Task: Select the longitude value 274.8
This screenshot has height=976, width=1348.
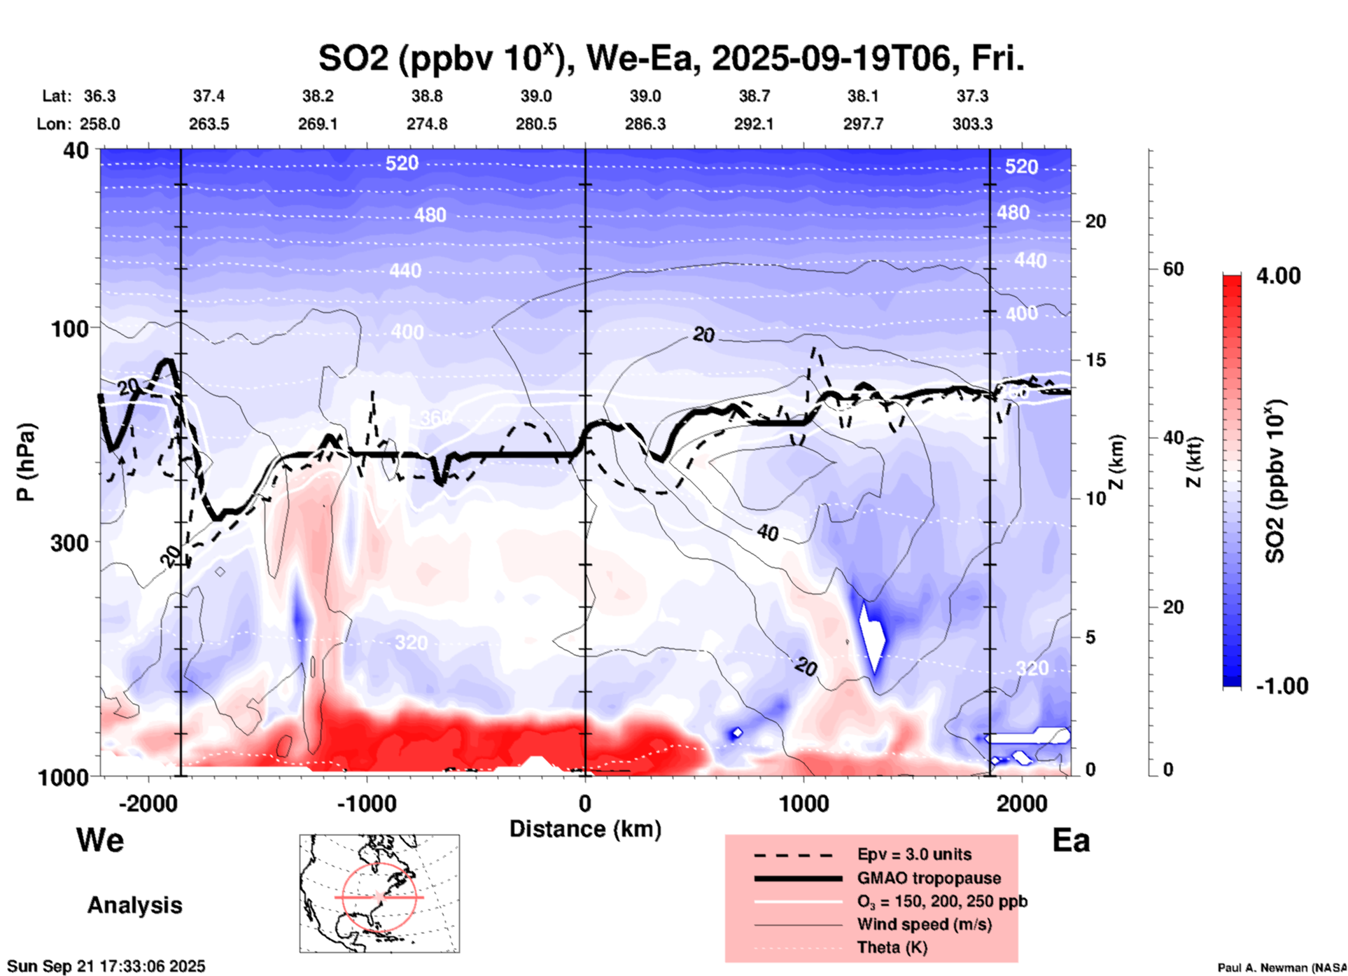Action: pyautogui.click(x=427, y=124)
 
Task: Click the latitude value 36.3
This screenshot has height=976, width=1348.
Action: pyautogui.click(x=100, y=96)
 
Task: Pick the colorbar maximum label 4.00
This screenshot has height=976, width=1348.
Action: pyautogui.click(x=1278, y=275)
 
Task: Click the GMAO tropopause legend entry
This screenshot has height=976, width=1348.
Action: pyautogui.click(x=929, y=878)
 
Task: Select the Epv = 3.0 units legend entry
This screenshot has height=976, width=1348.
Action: pyautogui.click(x=914, y=854)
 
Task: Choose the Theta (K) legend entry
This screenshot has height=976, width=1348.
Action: pyautogui.click(x=892, y=947)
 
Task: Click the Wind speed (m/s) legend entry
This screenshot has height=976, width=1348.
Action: pyautogui.click(x=924, y=924)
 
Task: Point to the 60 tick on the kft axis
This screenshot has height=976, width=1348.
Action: pyautogui.click(x=1173, y=269)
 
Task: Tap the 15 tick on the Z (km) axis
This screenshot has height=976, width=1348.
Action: pyautogui.click(x=1095, y=360)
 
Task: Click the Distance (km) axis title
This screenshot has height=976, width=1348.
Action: pyautogui.click(x=585, y=829)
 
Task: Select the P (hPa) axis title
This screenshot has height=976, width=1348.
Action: pyautogui.click(x=26, y=462)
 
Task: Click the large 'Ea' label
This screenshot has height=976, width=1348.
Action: pyautogui.click(x=1071, y=841)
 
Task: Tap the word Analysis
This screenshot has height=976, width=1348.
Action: pyautogui.click(x=134, y=905)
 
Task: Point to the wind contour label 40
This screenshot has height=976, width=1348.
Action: pyautogui.click(x=768, y=533)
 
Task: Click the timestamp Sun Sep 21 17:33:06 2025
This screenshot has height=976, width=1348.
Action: pyautogui.click(x=106, y=966)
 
